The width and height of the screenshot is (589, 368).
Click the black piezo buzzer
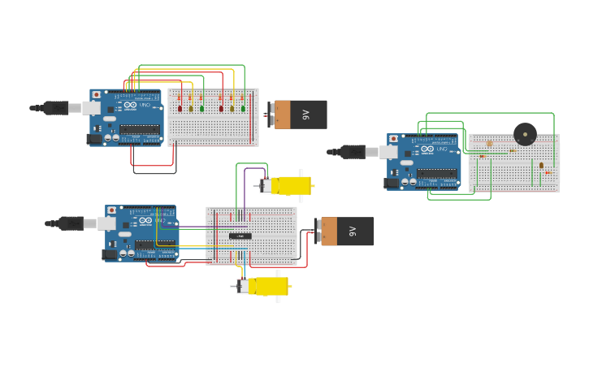click(525, 134)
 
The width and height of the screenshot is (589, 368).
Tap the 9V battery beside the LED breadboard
click(298, 115)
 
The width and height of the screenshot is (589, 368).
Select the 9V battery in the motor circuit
click(345, 231)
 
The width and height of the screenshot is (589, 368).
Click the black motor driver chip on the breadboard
click(240, 236)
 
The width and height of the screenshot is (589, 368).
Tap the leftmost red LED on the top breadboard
click(180, 108)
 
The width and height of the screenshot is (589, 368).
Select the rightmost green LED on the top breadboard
click(242, 108)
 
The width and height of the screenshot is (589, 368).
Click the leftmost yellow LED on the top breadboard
click(191, 108)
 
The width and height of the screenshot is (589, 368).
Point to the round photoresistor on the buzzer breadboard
click(489, 144)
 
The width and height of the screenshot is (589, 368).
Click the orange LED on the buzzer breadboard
click(541, 165)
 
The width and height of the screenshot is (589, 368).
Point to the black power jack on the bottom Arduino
click(109, 254)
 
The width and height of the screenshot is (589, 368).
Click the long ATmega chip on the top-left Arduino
click(140, 129)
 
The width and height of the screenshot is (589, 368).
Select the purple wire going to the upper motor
click(245, 191)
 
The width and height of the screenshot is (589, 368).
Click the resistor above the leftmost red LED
click(180, 98)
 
